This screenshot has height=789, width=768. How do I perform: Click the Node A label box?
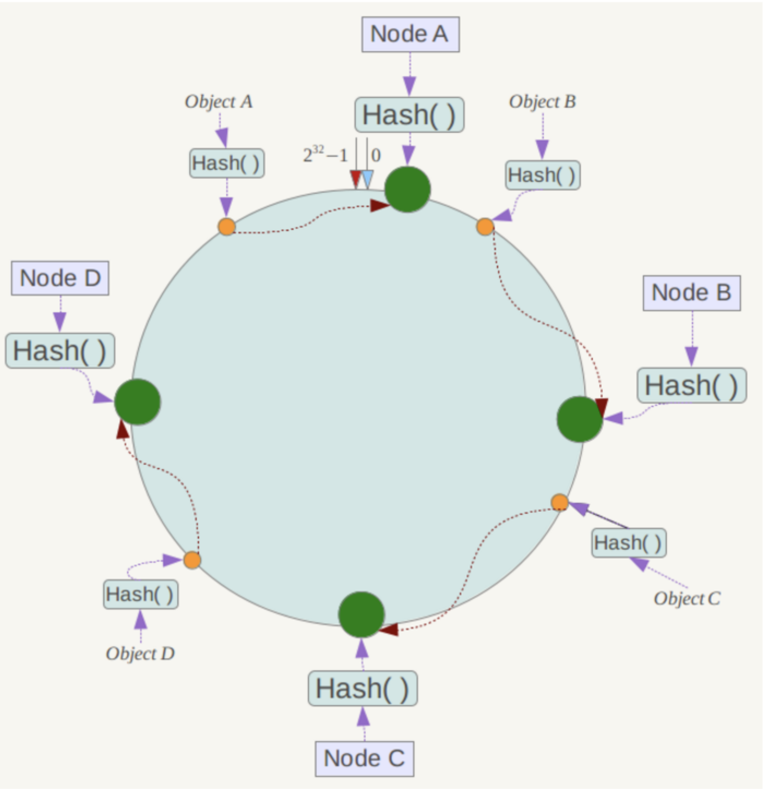[x=411, y=34]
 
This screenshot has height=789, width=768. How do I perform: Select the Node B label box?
[x=692, y=293]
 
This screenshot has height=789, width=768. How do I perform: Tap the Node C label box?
[x=364, y=759]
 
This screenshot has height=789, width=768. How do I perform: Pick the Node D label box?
[x=60, y=278]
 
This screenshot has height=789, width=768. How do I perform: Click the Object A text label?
[x=219, y=102]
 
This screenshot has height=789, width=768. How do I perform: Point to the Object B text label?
[x=542, y=102]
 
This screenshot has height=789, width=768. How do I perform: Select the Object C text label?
[x=688, y=599]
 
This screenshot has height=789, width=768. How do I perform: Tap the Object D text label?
[x=140, y=654]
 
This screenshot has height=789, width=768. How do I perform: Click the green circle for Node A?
[x=407, y=189]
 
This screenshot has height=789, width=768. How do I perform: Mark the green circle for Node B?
[x=580, y=419]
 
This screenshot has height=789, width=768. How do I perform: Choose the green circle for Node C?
[x=361, y=615]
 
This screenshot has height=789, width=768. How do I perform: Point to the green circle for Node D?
[x=138, y=402]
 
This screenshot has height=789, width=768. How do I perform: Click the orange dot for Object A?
[x=227, y=227]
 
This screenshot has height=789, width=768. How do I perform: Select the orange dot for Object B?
[x=485, y=227]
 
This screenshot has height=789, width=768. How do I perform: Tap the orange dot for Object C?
[x=560, y=502]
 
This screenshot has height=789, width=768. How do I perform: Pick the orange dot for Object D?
[x=192, y=560]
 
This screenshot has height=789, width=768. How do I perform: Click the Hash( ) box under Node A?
[x=410, y=115]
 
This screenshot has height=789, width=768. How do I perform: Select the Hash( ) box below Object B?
[x=543, y=175]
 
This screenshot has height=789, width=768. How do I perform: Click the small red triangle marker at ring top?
[x=355, y=179]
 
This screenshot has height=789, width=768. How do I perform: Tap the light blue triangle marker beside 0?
[x=367, y=180]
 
